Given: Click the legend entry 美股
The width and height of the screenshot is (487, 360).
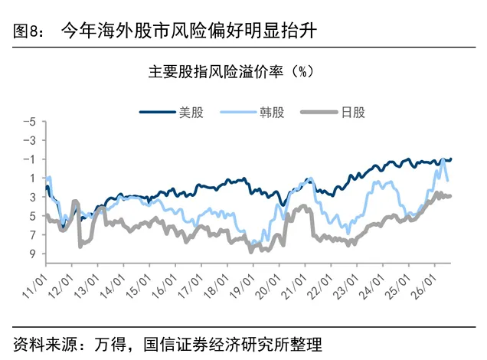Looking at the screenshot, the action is point(172,112).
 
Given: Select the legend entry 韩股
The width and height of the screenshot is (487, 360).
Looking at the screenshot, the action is point(252,112).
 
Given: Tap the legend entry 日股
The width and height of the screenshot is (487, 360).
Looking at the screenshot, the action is point(333,112).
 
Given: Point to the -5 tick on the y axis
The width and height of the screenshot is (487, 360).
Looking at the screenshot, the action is point(30,122).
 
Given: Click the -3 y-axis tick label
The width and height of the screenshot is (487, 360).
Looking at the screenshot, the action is point(30,140).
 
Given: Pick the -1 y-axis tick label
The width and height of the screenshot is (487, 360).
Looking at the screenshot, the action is point(30,159).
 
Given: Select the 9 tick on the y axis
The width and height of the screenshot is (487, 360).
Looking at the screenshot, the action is point(33,254).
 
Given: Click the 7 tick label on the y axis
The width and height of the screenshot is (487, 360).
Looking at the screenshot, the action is point(33,235).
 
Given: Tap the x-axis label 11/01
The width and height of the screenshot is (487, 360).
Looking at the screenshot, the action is point(35,286).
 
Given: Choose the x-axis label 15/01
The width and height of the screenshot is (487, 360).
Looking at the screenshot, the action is point(139,286).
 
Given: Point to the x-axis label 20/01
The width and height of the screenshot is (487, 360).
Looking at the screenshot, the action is point(268,286).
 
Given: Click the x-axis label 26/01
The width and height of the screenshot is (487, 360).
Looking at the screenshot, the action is point(423,286).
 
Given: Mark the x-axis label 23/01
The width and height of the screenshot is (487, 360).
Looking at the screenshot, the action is point(346,286).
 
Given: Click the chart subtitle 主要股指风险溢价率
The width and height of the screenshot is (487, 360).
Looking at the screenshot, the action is point(215,72).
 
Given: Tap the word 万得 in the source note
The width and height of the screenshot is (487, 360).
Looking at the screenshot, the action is point(110,344).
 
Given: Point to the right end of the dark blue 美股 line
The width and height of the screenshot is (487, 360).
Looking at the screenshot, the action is point(451,159).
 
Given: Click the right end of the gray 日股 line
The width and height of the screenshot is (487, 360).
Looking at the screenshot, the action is point(450,196).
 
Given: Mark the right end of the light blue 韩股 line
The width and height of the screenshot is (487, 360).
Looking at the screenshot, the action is point(447,181).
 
